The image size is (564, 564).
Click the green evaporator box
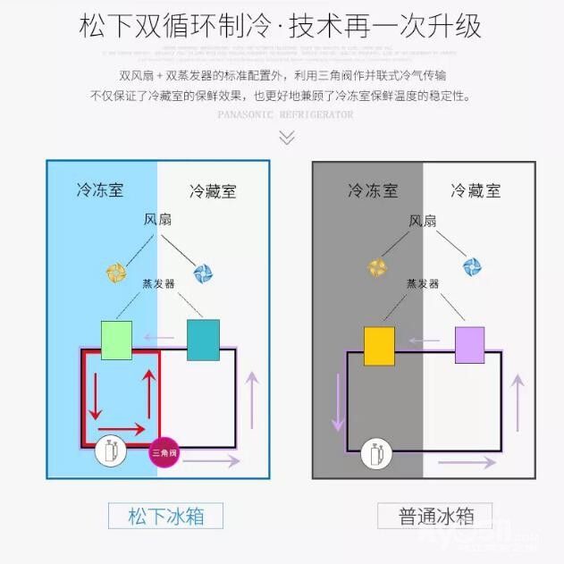pos(116,340)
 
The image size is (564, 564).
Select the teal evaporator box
pos(203,340)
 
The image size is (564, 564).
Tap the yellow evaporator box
pos(379,346)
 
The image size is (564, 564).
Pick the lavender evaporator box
pos(469,346)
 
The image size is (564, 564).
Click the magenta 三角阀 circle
pos(163,453)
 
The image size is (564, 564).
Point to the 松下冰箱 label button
pos(164,517)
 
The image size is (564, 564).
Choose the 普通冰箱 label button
pos(434,517)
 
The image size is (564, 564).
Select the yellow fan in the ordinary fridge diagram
pos(378,266)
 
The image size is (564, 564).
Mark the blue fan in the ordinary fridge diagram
pos(472,266)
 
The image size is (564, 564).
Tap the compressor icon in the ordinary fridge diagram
pos(375,454)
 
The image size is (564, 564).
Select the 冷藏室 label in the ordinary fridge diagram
pos(476,190)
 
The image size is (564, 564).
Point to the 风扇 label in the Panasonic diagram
pos(158,219)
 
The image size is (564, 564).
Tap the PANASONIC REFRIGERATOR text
pos(285,114)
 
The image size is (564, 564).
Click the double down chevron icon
pos(286,137)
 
